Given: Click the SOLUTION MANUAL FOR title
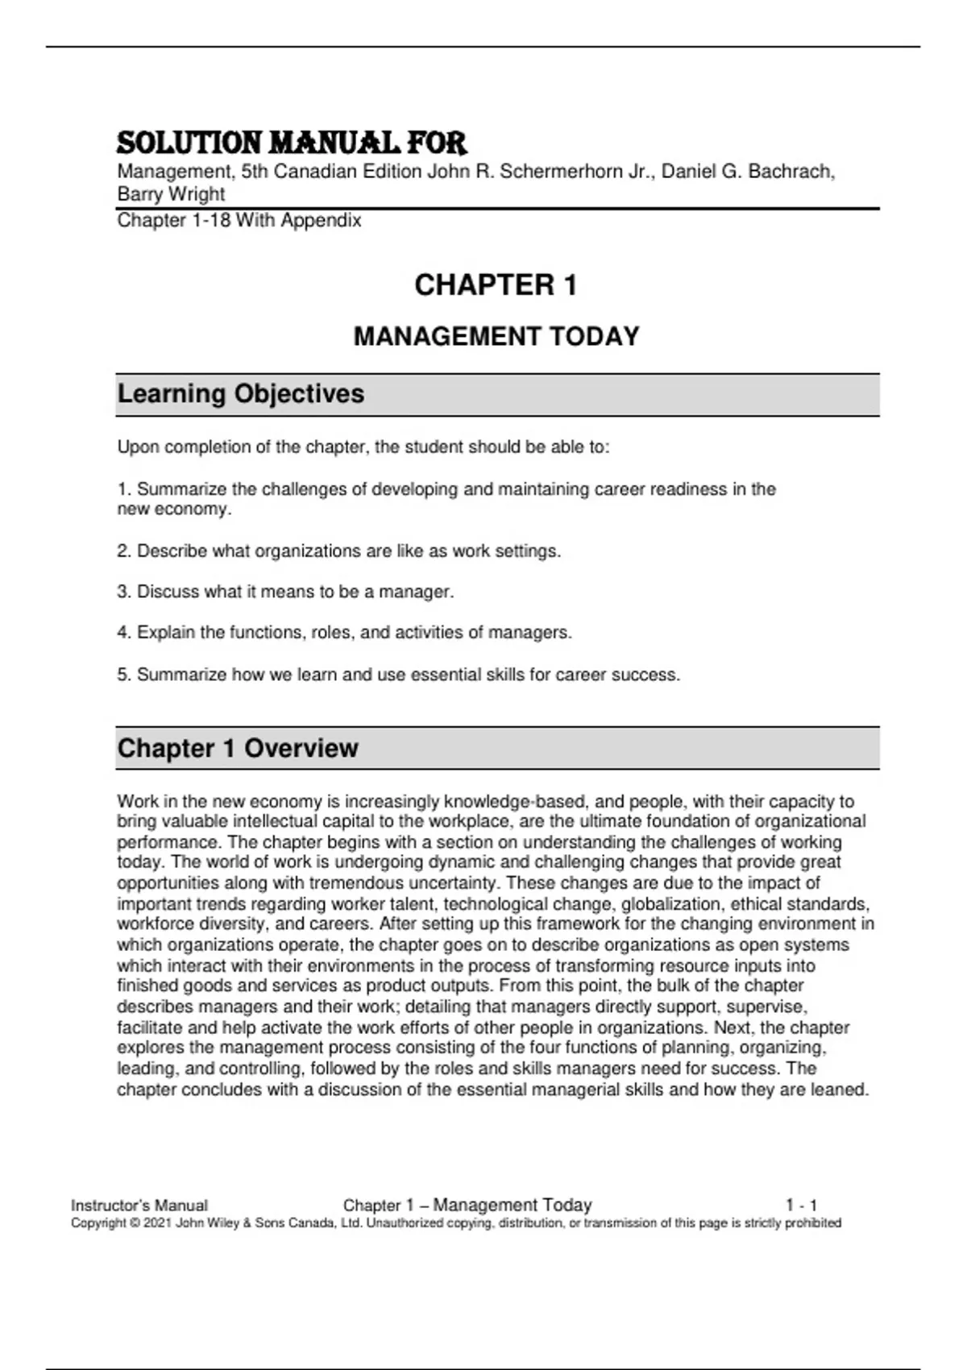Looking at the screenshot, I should tap(292, 143).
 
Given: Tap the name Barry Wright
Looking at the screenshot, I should tap(171, 194).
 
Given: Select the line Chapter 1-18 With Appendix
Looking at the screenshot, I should tap(239, 221).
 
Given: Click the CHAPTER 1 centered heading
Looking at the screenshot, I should tap(496, 285).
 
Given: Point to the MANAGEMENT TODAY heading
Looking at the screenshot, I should tap(496, 336).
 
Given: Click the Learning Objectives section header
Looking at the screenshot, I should tap(241, 394).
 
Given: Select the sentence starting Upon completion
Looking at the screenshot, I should tap(363, 447).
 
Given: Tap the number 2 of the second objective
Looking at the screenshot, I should tap(122, 551).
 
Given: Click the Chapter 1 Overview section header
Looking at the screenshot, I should tap(238, 748).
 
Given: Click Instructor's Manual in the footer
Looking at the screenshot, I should tap(139, 1206).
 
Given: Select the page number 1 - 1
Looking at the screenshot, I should tap(802, 1206).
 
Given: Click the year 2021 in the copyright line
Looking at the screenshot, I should tap(157, 1223).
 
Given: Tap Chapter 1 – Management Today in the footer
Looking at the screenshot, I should tap(467, 1206).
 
